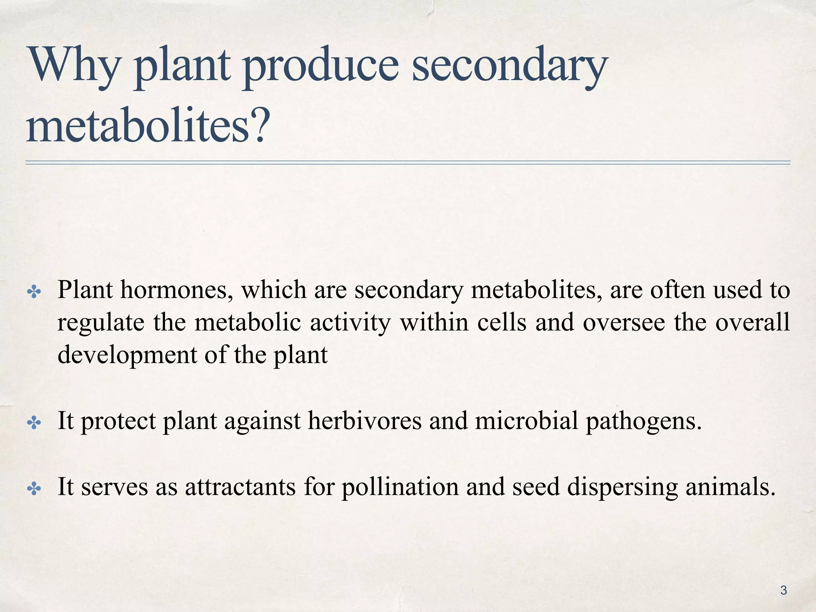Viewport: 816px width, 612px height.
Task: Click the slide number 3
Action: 783,590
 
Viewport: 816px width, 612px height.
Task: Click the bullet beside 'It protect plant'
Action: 34,423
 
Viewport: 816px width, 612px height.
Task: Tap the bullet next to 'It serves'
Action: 34,488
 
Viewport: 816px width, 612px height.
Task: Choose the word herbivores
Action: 364,421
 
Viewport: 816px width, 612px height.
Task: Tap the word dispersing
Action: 622,487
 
